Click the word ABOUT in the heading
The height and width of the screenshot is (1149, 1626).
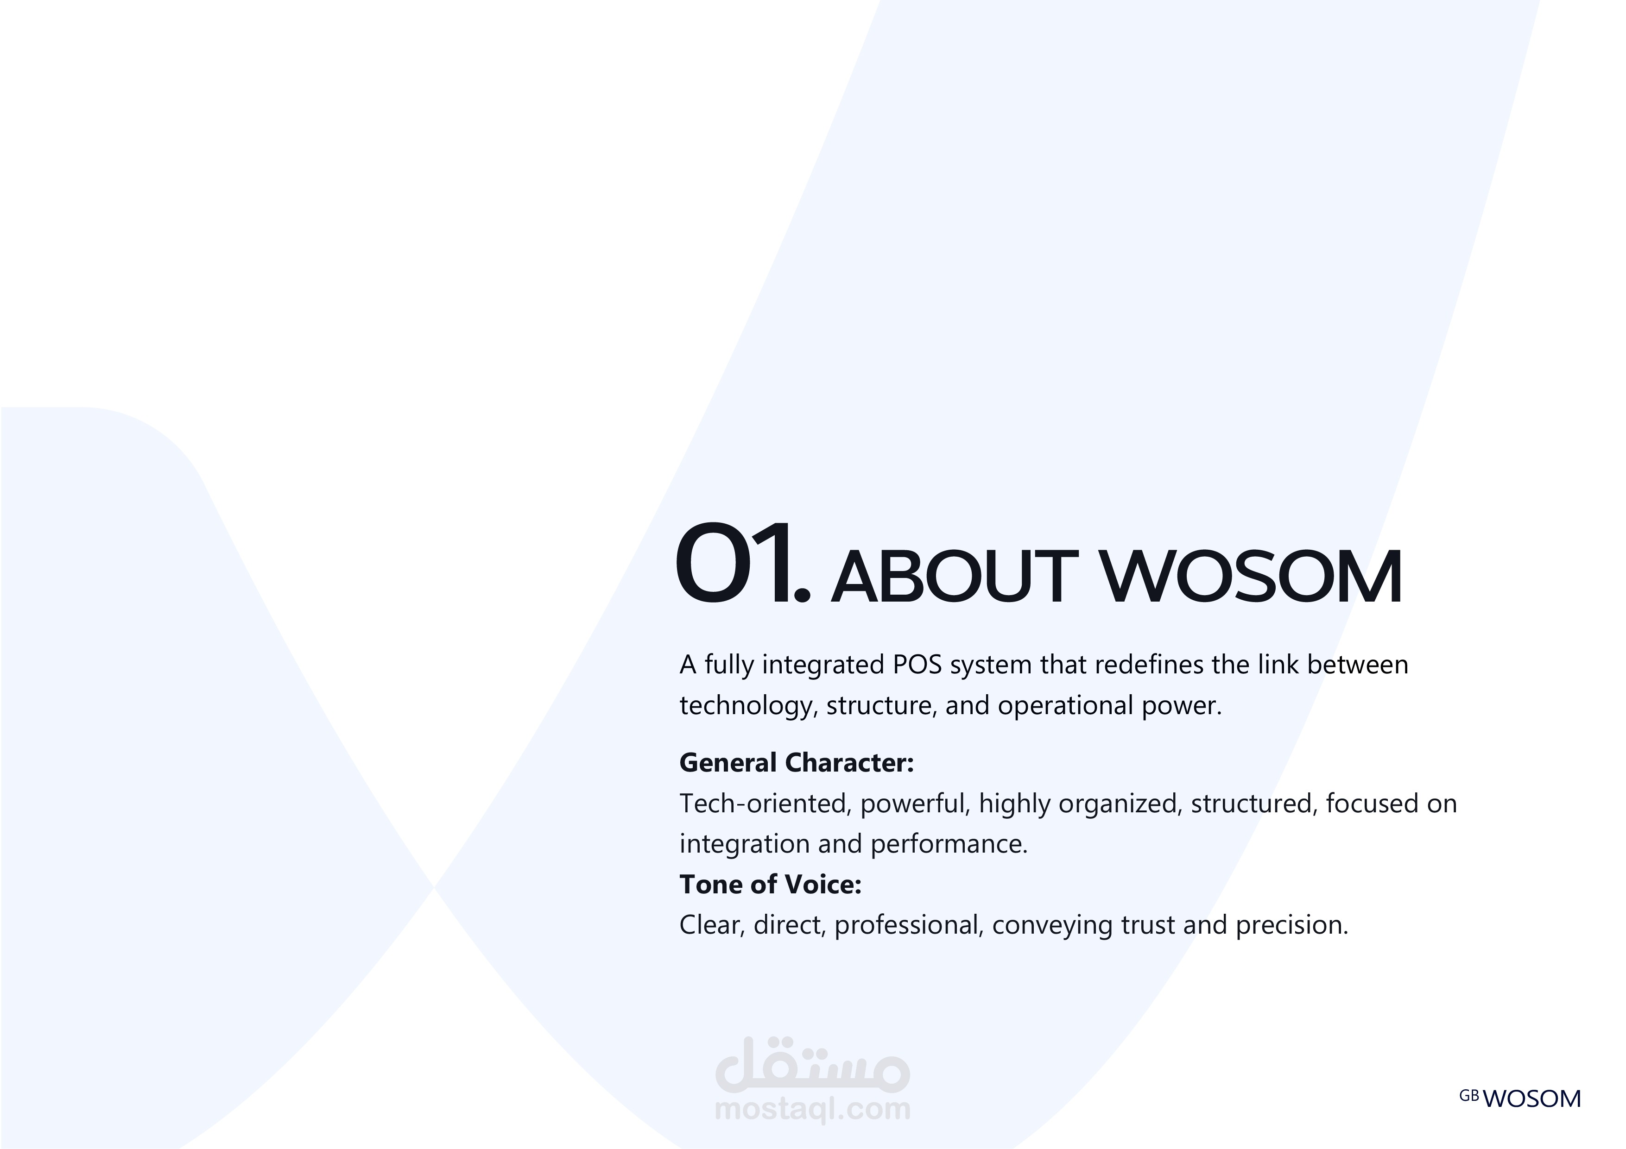(x=955, y=577)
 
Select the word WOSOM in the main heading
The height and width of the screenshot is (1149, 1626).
(x=1252, y=577)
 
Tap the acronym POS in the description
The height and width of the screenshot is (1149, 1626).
(x=917, y=665)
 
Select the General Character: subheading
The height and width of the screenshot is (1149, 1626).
(x=797, y=762)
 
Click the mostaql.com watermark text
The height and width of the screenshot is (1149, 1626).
(x=813, y=1109)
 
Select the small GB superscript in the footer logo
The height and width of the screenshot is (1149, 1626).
(x=1469, y=1096)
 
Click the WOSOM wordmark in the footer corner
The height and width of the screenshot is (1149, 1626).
(x=1531, y=1099)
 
